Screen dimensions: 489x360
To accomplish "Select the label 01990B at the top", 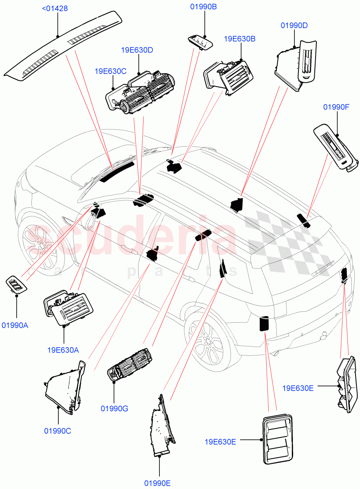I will coord(203,7).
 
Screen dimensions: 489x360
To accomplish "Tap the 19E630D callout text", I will coord(137,50).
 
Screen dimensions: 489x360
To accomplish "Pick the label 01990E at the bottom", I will coord(157,483).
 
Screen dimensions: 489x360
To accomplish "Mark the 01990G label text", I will coord(115,408).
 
